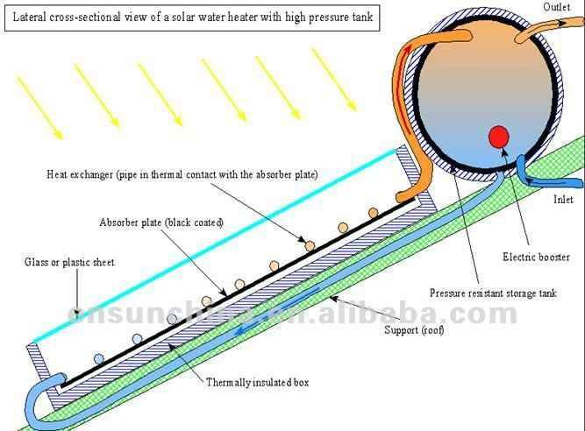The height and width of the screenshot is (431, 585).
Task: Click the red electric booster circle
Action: [499, 138]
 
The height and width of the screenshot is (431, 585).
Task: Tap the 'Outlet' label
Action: [557, 8]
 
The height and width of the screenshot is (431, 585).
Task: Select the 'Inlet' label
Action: [563, 199]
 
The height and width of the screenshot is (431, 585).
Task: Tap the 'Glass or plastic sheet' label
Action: [69, 262]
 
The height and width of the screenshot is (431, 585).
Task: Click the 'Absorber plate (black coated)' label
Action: [161, 223]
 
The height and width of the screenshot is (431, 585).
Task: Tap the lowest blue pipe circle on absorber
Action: [98, 358]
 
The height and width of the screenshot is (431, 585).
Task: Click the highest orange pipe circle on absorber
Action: [374, 212]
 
